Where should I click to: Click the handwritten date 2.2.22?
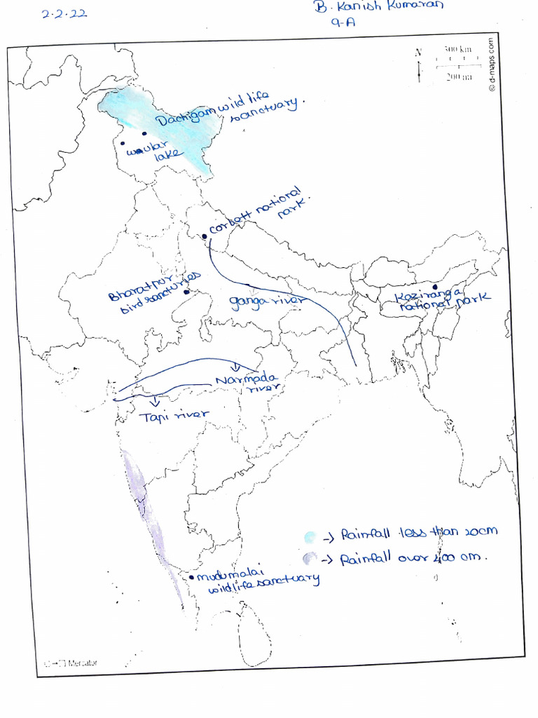click(64, 13)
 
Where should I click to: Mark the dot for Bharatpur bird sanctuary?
click(186, 292)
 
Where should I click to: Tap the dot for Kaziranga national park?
click(434, 287)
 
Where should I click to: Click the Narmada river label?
click(249, 384)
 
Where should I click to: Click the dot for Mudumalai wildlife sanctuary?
click(191, 576)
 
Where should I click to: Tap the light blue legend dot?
click(310, 538)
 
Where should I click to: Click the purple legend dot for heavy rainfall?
click(308, 559)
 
